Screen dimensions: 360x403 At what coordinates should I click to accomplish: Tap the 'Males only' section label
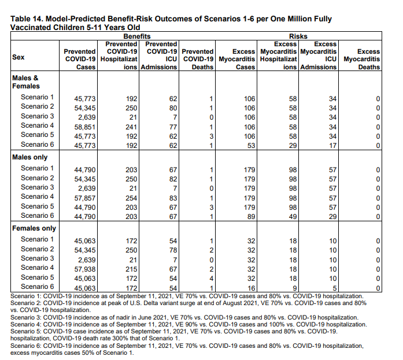(30, 157)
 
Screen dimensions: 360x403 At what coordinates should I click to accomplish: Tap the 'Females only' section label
(34, 229)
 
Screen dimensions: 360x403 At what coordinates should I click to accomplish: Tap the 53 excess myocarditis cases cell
(249, 145)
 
